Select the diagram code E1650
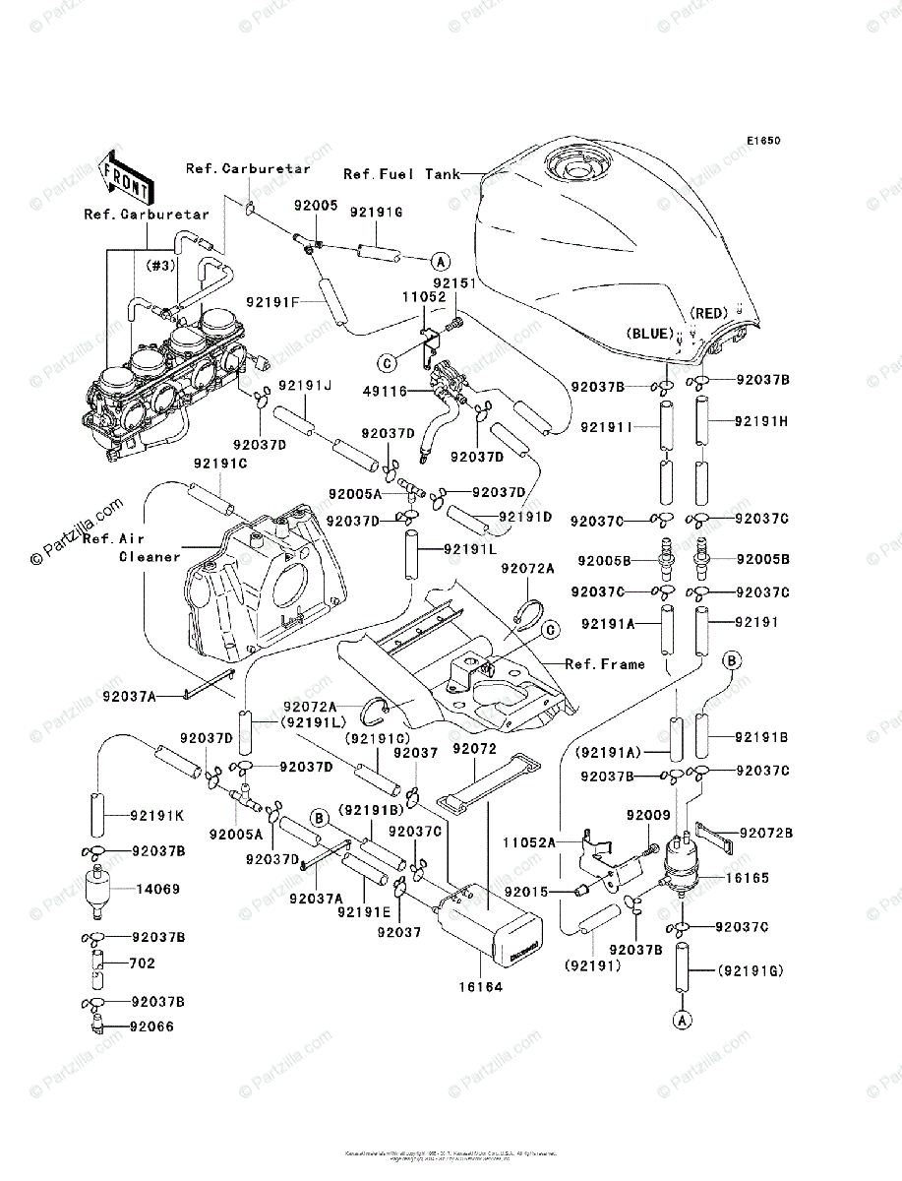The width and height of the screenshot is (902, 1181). pyautogui.click(x=762, y=141)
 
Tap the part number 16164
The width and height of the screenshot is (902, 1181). pyautogui.click(x=481, y=985)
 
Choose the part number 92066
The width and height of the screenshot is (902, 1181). pyautogui.click(x=156, y=1026)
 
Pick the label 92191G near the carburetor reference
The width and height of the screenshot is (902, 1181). pyautogui.click(x=377, y=212)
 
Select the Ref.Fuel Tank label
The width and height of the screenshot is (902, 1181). pyautogui.click(x=401, y=174)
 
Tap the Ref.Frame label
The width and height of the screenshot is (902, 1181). pyautogui.click(x=605, y=664)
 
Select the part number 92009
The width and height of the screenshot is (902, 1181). pyautogui.click(x=648, y=816)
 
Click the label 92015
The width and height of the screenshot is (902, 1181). pyautogui.click(x=525, y=892)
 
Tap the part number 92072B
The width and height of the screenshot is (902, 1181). pyautogui.click(x=768, y=833)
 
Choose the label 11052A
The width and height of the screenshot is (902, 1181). pyautogui.click(x=530, y=842)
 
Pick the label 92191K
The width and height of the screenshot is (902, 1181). pyautogui.click(x=157, y=816)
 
